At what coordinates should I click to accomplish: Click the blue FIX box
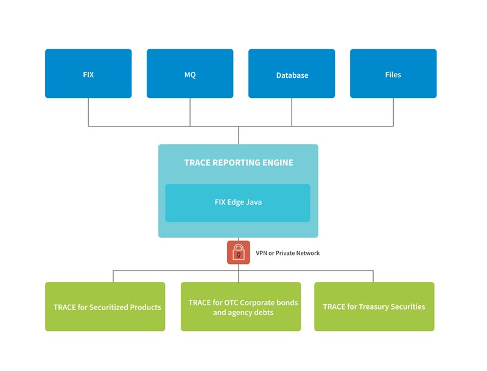pos(88,74)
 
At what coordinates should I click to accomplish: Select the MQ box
pos(190,74)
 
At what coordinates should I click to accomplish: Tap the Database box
pos(292,74)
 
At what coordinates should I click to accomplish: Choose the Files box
pos(393,74)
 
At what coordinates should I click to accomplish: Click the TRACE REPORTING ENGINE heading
pos(239,162)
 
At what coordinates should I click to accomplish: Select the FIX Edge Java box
pos(238,203)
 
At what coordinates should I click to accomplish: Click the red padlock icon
pos(239,252)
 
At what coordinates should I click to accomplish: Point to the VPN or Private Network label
pos(288,253)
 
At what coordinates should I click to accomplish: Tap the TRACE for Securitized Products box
pos(105,307)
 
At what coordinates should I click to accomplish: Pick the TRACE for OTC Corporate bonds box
pos(240,307)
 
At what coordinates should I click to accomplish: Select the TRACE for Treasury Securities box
pos(374,307)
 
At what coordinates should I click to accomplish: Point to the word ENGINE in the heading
pos(276,162)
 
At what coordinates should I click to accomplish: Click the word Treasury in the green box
pos(376,307)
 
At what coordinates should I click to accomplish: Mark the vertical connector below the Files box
pos(393,112)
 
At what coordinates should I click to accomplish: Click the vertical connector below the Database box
pos(292,112)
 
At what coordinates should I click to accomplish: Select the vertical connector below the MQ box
pos(190,112)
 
